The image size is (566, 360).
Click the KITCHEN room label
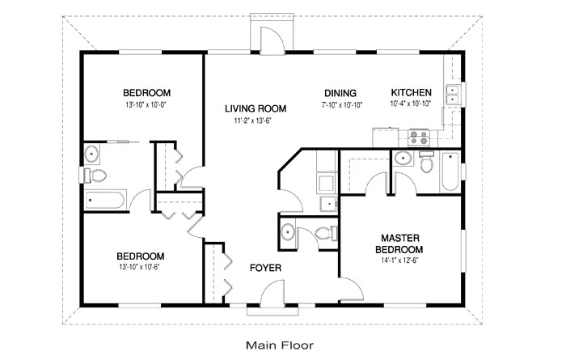tap(412, 92)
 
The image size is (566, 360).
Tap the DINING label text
tap(340, 92)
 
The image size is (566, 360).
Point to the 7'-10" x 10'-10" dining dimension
tap(340, 104)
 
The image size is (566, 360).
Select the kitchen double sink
tap(454, 95)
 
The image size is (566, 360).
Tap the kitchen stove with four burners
tap(420, 137)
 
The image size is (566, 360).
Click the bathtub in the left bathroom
tap(105, 198)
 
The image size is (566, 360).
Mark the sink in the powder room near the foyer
tap(288, 233)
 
